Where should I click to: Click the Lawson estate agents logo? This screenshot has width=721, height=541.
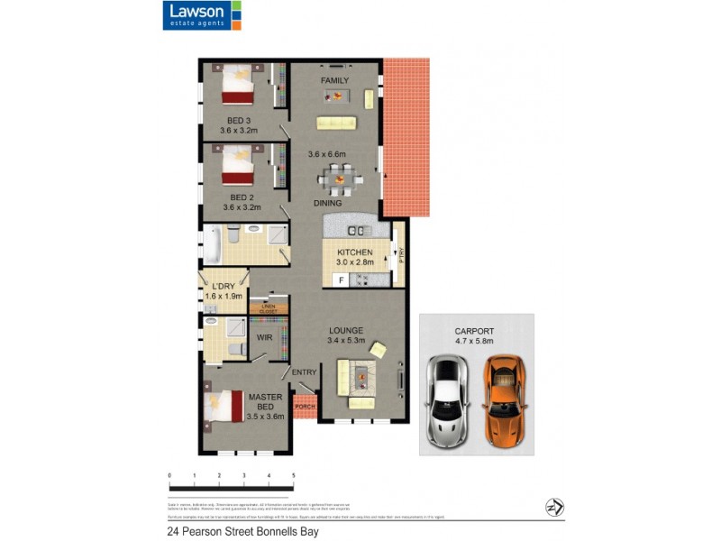coord(202,15)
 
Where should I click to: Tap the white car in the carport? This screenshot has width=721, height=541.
coord(447,401)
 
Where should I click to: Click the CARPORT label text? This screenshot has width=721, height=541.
coord(475,331)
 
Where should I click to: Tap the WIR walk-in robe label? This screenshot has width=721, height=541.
coord(264,337)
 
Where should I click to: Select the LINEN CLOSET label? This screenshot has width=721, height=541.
coord(269,309)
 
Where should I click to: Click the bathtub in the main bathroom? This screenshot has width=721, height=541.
coord(211,244)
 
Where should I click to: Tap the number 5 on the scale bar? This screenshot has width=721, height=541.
coord(294,474)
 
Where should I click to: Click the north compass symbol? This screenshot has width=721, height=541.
coord(553,508)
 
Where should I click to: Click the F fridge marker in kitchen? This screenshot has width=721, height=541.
coord(341,280)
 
